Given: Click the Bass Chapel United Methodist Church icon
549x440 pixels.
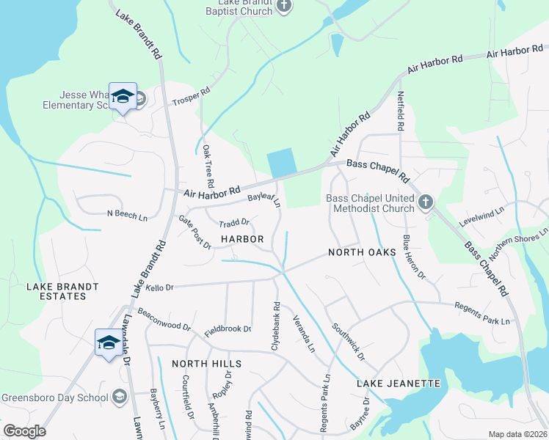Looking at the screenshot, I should pos(426,202).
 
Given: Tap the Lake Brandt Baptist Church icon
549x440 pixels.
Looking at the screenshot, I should pos(284,7).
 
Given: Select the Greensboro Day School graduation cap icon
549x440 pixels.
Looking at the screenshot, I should pos(120,397).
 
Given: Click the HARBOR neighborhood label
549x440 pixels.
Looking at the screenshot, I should pos(242,239).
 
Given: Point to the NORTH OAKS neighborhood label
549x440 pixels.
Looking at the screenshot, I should pos(362,252).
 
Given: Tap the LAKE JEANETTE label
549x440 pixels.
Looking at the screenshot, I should pos(399,384).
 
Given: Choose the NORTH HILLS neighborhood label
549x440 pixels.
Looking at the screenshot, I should pos(206,364).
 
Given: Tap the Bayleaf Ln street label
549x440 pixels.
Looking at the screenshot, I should pos(264,199).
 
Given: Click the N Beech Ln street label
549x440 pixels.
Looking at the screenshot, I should pos(128,216).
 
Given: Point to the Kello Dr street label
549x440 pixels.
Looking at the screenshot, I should pos(159,287).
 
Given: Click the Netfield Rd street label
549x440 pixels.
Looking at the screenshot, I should pos(401,111).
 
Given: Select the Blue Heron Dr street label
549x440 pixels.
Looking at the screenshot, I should pos(413,257).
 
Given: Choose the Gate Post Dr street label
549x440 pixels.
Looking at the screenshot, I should pos(195,231).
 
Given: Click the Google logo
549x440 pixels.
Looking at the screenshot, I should pos(24,431).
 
